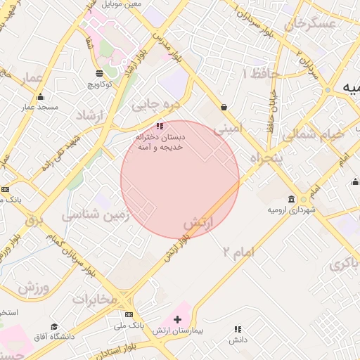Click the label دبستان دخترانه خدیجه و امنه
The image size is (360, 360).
(162, 142)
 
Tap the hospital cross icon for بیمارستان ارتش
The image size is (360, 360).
(177, 320)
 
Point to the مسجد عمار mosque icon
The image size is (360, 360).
(40, 97)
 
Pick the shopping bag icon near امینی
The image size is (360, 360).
(224, 107)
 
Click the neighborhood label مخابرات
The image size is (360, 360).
(94, 300)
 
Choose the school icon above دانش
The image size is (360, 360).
(237, 329)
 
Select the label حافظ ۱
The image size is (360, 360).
(262, 73)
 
